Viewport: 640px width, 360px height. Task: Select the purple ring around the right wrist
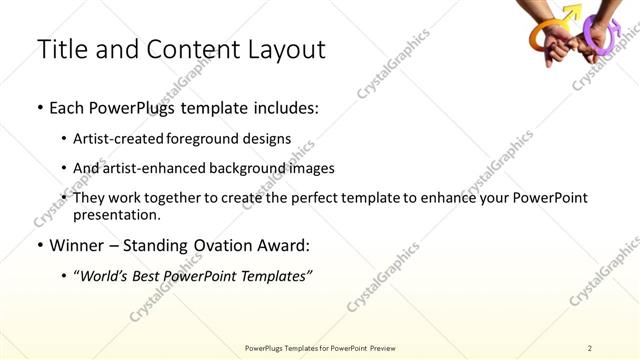click(601, 34)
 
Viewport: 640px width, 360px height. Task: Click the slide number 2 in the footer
click(589, 347)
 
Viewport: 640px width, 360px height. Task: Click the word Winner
click(76, 244)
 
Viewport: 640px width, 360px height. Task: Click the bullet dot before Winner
click(38, 244)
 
